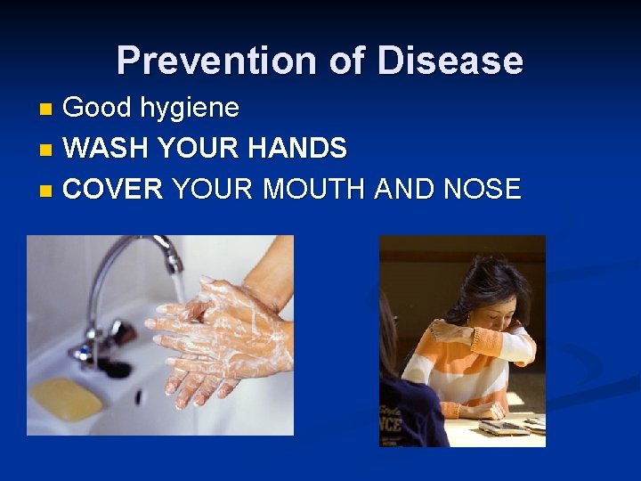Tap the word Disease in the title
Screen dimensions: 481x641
coord(450,61)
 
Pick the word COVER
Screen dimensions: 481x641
coord(114,188)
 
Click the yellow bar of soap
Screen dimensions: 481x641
coord(67,398)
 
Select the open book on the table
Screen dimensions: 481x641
coord(507,425)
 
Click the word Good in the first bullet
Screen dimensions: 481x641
coord(95,109)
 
